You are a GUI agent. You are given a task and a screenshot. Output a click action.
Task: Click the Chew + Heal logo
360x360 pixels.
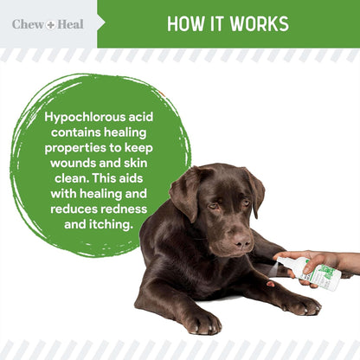(x=48, y=24)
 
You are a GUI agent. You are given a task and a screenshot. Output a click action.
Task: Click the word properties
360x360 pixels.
(x=80, y=147)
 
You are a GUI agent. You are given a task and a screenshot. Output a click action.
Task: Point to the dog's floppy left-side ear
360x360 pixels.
(x=185, y=196)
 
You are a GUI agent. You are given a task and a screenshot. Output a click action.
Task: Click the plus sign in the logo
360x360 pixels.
(x=50, y=24)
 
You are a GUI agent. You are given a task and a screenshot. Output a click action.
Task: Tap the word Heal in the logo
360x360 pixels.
(x=70, y=24)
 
